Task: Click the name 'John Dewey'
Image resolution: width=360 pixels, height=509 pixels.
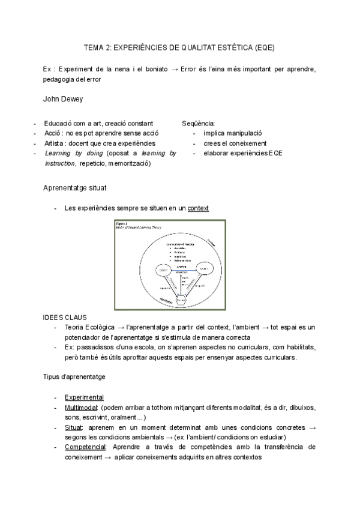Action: pos(64,98)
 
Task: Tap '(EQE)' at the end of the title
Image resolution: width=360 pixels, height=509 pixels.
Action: pos(264,47)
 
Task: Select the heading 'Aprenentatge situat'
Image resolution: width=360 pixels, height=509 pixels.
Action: pos(75,188)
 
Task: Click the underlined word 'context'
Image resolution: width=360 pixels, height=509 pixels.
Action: pos(198,208)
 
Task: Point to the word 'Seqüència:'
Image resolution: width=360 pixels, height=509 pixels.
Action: pos(199,123)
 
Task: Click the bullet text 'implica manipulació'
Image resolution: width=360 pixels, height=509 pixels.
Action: pos(233,133)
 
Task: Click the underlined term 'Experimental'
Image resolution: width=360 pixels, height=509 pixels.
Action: pos(84,397)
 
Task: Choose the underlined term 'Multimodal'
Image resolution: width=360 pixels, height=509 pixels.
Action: pos(81,408)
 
